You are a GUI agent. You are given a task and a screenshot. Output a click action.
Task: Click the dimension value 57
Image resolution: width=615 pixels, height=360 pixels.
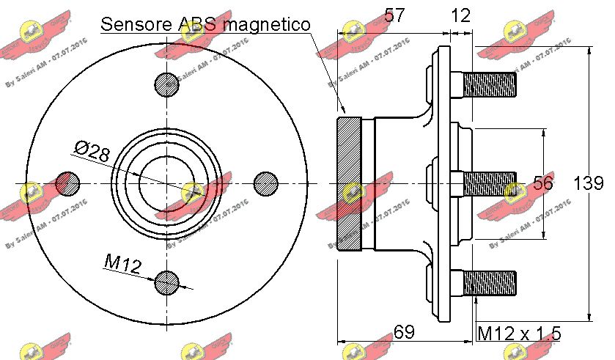tap(395, 16)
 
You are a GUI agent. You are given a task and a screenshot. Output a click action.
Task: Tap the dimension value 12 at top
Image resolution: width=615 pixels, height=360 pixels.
tap(460, 16)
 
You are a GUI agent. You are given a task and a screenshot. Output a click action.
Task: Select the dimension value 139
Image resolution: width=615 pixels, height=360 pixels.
tap(588, 183)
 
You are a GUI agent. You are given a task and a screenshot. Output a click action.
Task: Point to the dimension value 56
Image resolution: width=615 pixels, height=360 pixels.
tap(542, 183)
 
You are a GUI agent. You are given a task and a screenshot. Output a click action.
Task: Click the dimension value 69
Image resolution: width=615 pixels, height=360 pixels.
tap(404, 333)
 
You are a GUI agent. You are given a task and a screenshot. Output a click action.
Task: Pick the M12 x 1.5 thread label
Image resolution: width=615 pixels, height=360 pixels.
tap(519, 334)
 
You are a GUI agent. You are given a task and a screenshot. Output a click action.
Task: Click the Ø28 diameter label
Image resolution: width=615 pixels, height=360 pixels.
tap(92, 152)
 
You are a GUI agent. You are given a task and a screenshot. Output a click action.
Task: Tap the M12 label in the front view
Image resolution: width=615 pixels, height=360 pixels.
tap(122, 262)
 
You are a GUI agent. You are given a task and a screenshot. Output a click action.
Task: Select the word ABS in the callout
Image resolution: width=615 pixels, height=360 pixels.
tap(197, 24)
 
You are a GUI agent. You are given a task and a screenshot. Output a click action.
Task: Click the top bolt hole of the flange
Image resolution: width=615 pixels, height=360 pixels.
tap(167, 84)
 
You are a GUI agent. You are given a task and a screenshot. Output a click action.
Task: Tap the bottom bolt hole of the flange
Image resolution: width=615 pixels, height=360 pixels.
tap(167, 281)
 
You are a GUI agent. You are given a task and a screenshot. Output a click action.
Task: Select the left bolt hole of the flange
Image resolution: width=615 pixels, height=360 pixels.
tap(68, 183)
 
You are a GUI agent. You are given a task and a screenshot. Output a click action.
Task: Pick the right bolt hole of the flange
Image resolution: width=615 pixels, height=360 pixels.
tap(265, 183)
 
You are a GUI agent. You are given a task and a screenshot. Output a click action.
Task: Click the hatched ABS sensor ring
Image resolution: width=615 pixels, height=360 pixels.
tap(348, 183)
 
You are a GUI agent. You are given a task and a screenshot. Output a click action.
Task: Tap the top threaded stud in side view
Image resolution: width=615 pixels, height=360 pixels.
tap(491, 84)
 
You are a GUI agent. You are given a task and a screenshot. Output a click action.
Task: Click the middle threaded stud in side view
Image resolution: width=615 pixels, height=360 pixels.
tap(491, 183)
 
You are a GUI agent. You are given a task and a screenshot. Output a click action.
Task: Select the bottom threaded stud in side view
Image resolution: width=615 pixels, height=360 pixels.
tap(491, 282)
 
